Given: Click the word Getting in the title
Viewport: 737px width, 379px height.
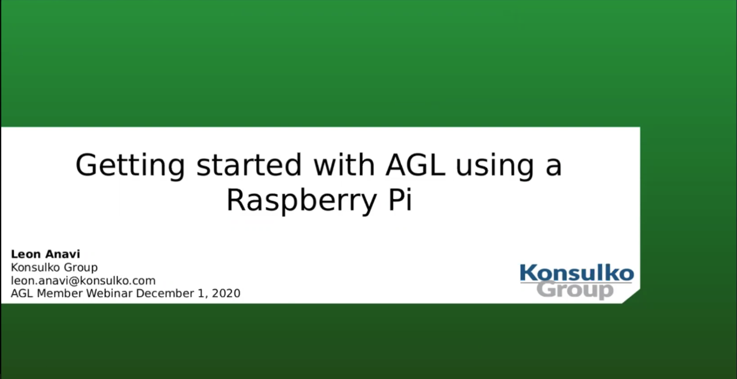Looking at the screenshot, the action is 130,166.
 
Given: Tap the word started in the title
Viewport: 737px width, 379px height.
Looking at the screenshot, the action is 249,165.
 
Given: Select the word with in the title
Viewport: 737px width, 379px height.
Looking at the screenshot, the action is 344,164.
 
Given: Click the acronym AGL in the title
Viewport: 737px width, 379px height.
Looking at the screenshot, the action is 415,165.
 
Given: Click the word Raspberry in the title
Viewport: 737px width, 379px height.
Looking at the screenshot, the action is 301,201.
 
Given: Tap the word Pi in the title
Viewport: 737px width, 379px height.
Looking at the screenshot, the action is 400,199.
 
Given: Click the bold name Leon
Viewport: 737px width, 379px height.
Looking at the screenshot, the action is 26,254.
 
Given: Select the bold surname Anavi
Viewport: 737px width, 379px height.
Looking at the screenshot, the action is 62,254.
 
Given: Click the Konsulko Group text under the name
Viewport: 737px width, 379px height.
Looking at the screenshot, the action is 54,268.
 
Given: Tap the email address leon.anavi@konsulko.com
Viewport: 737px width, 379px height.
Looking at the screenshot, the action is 83,281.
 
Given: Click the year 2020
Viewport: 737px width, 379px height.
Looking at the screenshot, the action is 226,293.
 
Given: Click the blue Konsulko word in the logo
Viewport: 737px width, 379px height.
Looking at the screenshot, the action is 577,273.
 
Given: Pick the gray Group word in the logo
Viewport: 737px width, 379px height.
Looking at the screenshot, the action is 575,290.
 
